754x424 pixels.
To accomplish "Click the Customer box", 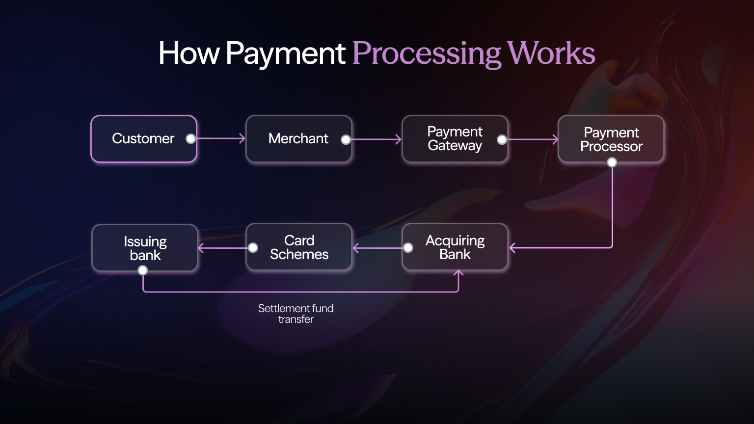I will point(143,139).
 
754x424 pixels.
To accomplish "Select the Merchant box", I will point(298,139).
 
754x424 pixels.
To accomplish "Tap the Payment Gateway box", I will point(455,139).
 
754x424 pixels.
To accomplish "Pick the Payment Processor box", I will point(611,139).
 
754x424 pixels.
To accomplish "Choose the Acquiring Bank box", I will point(455,247).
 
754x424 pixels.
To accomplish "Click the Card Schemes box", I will point(299,247).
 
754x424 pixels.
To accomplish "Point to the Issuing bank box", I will point(145,248).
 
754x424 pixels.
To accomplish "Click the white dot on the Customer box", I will point(190,139).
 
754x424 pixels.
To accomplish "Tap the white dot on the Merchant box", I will point(346,139).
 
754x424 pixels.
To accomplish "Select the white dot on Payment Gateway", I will point(502,140).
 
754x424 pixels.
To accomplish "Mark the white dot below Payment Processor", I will point(612,162).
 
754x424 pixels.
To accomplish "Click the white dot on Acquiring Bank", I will point(408,248).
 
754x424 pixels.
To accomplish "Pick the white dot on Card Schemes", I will point(253,248).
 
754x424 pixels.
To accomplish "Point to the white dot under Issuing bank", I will point(143,270).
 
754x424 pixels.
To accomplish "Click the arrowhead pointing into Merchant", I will point(242,139).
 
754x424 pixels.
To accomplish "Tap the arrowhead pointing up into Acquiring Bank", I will point(458,274).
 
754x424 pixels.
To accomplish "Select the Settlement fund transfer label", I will point(296,314).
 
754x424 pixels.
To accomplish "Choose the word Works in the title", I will point(551,53).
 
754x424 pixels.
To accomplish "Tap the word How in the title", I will point(189,53).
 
